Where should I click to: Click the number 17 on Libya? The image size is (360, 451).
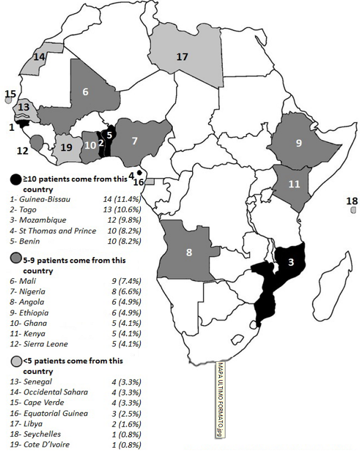pyautogui.click(x=183, y=57)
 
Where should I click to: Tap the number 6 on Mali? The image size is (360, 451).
pyautogui.click(x=86, y=93)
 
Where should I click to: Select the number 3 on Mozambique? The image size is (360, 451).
pyautogui.click(x=290, y=263)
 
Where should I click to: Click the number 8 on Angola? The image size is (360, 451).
pyautogui.click(x=189, y=253)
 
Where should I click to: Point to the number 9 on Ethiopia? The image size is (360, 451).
pyautogui.click(x=299, y=143)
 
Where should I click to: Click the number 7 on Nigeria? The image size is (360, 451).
pyautogui.click(x=135, y=141)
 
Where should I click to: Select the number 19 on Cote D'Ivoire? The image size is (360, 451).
pyautogui.click(x=66, y=147)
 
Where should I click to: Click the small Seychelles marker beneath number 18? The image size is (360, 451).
pyautogui.click(x=353, y=211)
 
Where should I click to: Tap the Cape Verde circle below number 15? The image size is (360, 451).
pyautogui.click(x=8, y=101)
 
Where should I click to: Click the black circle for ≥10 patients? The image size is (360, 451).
pyautogui.click(x=16, y=179)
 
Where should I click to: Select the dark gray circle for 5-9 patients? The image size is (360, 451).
pyautogui.click(x=16, y=258)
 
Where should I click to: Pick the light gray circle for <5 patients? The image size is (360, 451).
pyautogui.click(x=16, y=361)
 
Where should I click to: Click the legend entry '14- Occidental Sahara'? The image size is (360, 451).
pyautogui.click(x=49, y=392)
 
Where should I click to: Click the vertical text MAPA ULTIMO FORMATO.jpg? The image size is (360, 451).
pyautogui.click(x=220, y=400)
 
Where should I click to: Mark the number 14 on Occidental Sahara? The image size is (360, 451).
pyautogui.click(x=39, y=56)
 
